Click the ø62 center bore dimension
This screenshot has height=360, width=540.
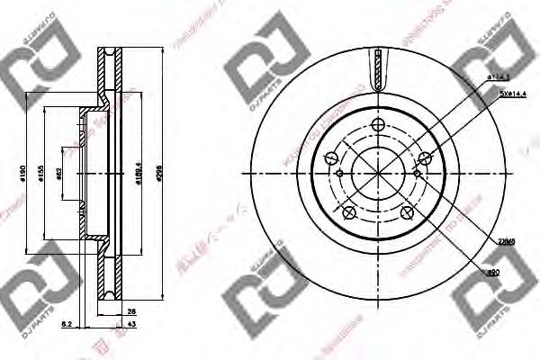(x=59, y=174)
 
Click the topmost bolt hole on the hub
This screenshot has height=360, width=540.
(x=376, y=134)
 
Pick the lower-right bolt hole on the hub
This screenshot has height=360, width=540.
(x=408, y=212)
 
